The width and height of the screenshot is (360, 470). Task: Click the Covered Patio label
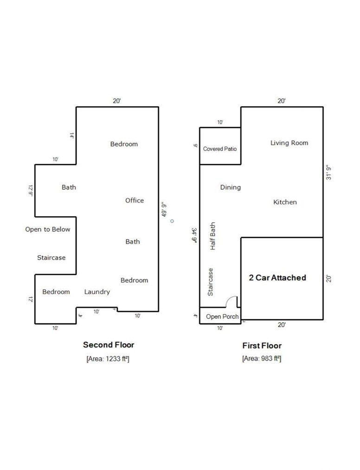pyautogui.click(x=220, y=149)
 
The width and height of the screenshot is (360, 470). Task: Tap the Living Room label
pyautogui.click(x=289, y=143)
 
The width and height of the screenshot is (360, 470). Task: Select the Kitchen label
pyautogui.click(x=285, y=202)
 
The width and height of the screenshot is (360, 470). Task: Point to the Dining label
pyautogui.click(x=231, y=187)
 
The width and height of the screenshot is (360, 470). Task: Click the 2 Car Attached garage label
pyautogui.click(x=277, y=278)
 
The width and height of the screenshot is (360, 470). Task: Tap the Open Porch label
pyautogui.click(x=222, y=317)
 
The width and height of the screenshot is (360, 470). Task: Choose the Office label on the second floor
pyautogui.click(x=135, y=200)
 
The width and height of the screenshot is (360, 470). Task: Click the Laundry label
pyautogui.click(x=97, y=292)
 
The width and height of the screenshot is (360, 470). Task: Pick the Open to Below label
pyautogui.click(x=48, y=229)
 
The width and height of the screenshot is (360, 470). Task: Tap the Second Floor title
pyautogui.click(x=109, y=345)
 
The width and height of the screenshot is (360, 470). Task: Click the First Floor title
pyautogui.click(x=262, y=346)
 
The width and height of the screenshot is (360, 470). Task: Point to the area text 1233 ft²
pyautogui.click(x=108, y=359)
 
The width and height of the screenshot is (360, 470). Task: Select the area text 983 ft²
pyautogui.click(x=262, y=359)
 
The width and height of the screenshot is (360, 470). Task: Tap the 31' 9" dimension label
pyautogui.click(x=328, y=172)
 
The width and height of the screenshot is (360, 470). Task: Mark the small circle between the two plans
pyautogui.click(x=172, y=221)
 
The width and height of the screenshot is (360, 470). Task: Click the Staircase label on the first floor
pyautogui.click(x=211, y=282)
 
